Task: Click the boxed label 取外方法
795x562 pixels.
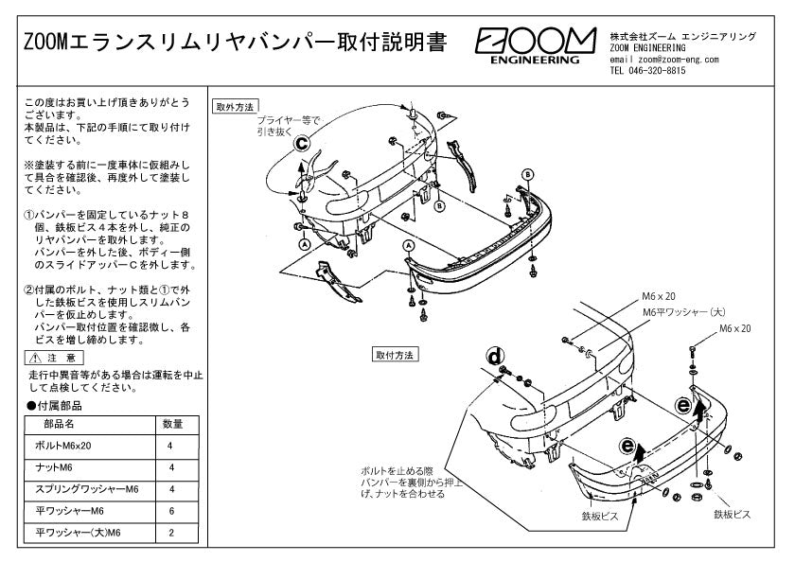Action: pos(236,106)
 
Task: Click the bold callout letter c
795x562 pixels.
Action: pos(302,144)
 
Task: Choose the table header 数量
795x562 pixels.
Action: pos(172,424)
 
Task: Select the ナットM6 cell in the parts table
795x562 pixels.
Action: pos(53,467)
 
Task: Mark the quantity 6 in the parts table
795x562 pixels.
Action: pos(172,511)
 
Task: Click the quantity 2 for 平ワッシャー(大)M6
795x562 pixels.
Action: pos(172,534)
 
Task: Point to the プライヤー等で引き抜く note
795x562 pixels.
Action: pos(288,126)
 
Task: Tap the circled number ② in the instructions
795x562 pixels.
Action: pos(29,289)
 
